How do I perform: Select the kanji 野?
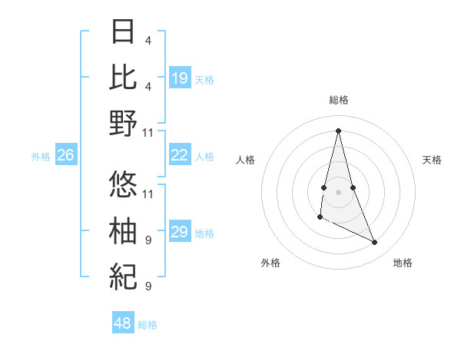(124, 123)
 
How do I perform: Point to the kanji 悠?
(124, 183)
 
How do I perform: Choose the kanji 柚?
(124, 230)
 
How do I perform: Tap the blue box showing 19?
(180, 78)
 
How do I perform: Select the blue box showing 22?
(180, 155)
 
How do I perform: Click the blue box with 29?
(180, 232)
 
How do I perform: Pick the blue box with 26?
(65, 155)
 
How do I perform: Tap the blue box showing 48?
(123, 323)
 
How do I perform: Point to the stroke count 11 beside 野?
(149, 132)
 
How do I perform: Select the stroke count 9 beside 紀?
(148, 286)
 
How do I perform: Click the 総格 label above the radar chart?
(339, 100)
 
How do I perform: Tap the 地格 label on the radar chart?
(403, 263)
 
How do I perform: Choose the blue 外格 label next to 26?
(41, 156)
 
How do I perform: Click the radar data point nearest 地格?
(375, 242)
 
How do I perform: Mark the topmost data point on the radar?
(339, 130)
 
